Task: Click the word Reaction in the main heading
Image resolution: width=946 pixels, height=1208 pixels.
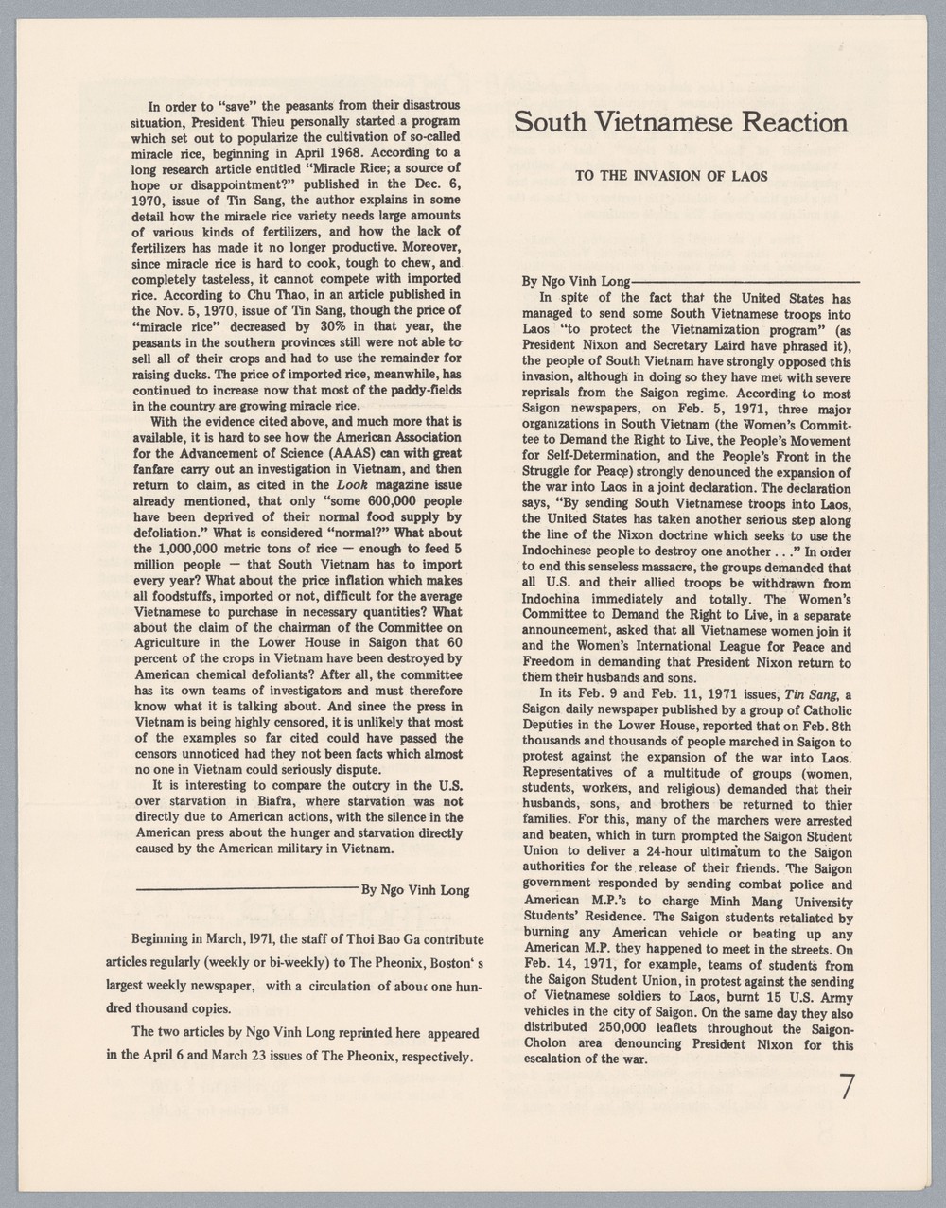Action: pos(783,123)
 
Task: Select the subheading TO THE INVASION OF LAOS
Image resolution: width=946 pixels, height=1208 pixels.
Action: pos(677,176)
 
